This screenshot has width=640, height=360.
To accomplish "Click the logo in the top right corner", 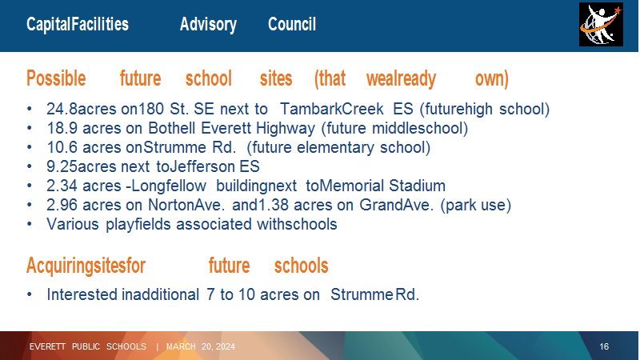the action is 601,25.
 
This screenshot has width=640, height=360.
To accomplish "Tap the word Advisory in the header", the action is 208,25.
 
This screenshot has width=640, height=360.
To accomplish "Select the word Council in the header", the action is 292,25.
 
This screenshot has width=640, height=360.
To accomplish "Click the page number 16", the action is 604,346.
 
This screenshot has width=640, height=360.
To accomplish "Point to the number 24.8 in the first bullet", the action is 62,109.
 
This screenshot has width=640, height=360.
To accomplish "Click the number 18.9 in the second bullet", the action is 62,128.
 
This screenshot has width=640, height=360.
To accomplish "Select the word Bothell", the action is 171,128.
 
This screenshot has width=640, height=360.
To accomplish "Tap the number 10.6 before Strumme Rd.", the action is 62,147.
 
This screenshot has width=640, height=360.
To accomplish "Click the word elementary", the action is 335,148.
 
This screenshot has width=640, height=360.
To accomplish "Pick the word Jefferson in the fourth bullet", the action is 202,166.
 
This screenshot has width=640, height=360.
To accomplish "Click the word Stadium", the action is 417,186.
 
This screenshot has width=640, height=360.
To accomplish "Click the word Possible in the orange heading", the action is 56,78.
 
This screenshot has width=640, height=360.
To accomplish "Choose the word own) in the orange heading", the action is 492,78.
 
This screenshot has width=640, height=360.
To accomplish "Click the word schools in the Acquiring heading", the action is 302,266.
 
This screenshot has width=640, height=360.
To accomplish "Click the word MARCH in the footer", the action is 181,346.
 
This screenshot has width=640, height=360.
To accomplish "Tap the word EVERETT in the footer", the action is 47,346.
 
